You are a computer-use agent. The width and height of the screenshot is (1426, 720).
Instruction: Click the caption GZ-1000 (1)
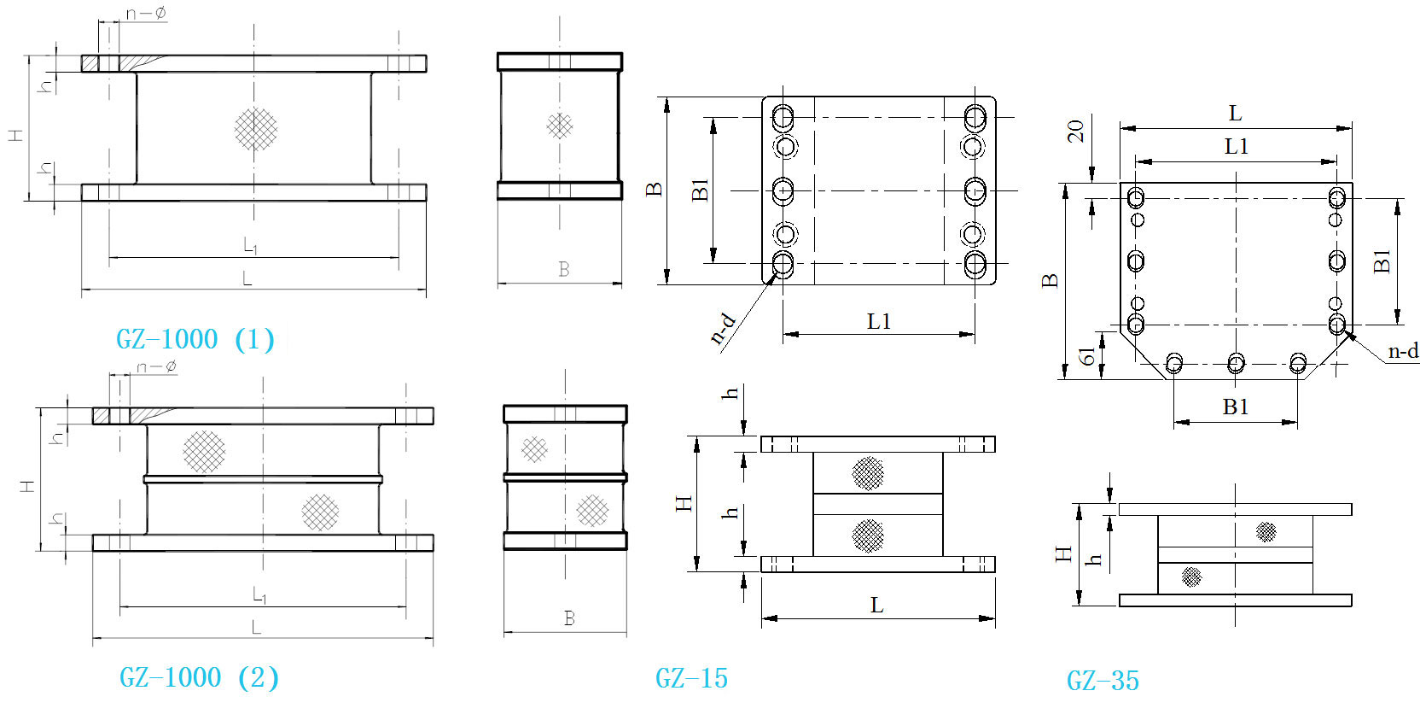[195, 339]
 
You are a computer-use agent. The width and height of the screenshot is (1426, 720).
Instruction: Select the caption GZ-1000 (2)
[199, 676]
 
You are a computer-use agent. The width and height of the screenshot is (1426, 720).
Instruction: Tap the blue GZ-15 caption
[691, 679]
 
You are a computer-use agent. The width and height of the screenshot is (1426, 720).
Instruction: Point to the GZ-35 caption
[1103, 681]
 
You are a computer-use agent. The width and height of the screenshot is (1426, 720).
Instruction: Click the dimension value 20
[1075, 132]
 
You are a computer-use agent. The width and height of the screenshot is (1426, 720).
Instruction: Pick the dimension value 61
[1086, 356]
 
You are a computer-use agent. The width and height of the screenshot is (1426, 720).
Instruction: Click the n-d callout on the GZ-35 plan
[1403, 351]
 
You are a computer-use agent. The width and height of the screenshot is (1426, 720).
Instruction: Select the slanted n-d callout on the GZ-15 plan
[724, 330]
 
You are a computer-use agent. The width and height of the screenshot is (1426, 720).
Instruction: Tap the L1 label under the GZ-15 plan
[878, 321]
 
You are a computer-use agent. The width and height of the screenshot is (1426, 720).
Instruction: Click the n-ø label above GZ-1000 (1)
[146, 13]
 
